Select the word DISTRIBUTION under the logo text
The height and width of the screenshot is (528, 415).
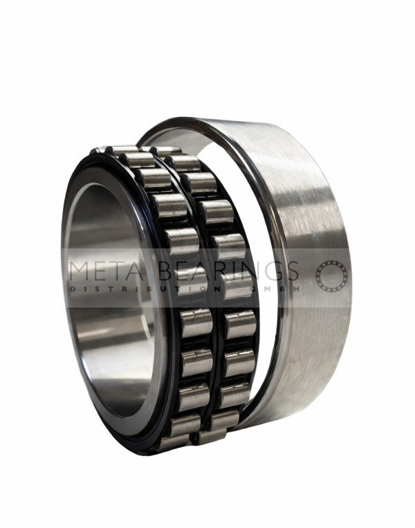[x=145, y=289]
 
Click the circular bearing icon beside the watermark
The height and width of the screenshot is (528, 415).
[x=331, y=276]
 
